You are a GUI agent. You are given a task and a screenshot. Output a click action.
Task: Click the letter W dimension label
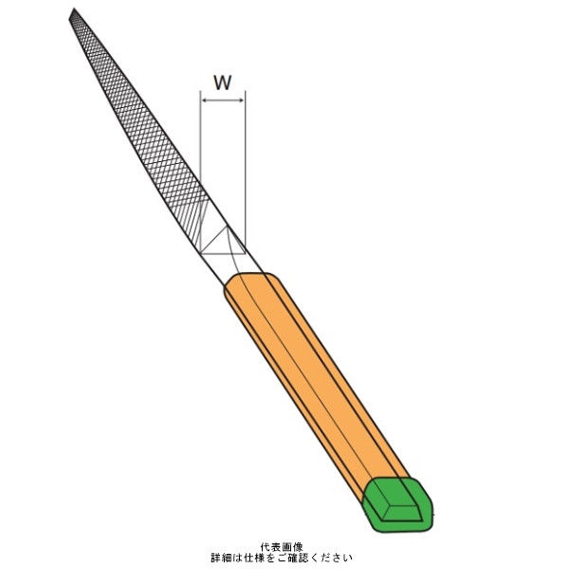pos(223,83)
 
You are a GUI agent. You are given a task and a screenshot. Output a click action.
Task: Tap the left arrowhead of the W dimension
pos(204,101)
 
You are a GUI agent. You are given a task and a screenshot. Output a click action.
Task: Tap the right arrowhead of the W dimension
pos(242,101)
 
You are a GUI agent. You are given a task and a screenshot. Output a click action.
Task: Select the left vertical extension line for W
pos(201,173)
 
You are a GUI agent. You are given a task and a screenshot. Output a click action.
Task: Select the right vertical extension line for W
pos(246,173)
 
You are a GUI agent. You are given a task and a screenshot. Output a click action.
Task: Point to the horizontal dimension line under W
pos(223,101)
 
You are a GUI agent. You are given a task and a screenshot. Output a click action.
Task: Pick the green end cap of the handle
pos(398,505)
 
